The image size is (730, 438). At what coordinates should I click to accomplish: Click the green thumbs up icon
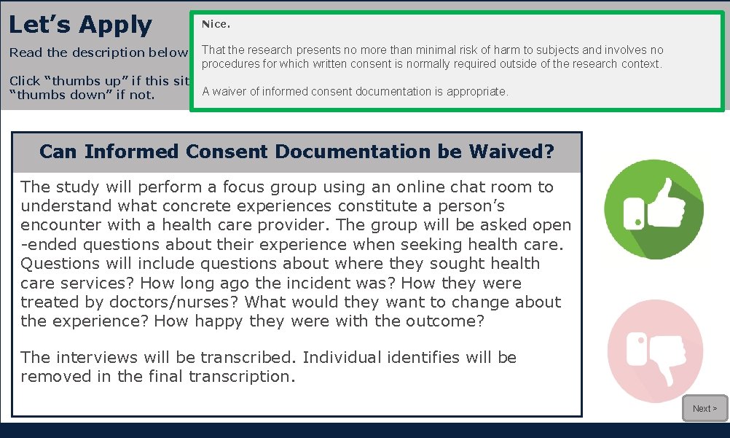[654, 209]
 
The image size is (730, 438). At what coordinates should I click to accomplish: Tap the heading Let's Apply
[80, 25]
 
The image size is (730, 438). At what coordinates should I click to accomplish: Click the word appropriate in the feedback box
[473, 92]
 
